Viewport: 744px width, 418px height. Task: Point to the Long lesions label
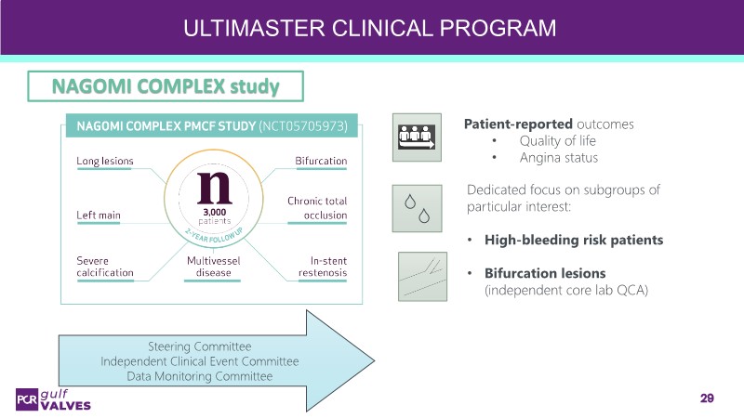click(x=104, y=161)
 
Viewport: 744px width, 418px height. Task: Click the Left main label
click(x=98, y=215)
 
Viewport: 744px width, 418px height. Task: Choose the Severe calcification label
click(x=104, y=267)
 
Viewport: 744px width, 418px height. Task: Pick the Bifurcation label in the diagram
click(x=321, y=161)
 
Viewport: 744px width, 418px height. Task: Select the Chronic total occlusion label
click(x=317, y=208)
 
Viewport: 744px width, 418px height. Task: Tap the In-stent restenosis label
click(x=323, y=267)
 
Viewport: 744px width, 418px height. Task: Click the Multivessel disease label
click(x=213, y=267)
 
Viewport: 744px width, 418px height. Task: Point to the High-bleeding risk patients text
click(x=571, y=240)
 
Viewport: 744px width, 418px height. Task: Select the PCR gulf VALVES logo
click(x=53, y=398)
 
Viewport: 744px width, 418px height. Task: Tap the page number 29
click(x=707, y=398)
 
